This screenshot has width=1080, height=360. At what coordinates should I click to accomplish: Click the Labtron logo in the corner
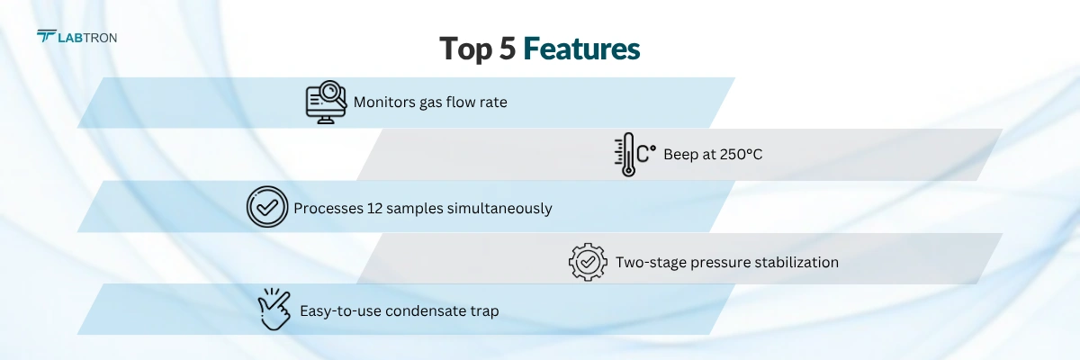76,37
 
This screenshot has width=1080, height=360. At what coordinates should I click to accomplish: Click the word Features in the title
581,49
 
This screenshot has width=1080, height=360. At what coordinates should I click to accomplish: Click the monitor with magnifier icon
326,102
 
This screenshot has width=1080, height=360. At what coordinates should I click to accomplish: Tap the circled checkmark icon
266,207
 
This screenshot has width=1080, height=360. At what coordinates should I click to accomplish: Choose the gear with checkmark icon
588,261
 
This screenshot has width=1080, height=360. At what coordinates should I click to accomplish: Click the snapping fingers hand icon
275,310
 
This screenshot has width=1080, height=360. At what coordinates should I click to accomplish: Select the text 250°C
741,155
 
